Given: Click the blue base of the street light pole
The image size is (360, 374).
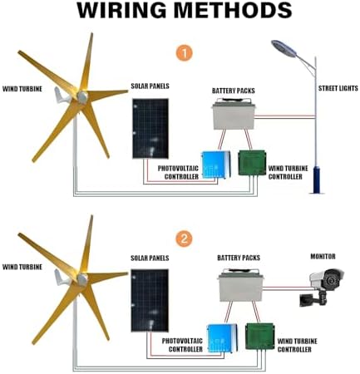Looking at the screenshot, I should [x=315, y=179].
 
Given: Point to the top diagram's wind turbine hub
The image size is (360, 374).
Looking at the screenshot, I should [x=81, y=96].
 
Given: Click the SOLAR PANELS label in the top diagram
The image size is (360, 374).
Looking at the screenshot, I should [x=151, y=86].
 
